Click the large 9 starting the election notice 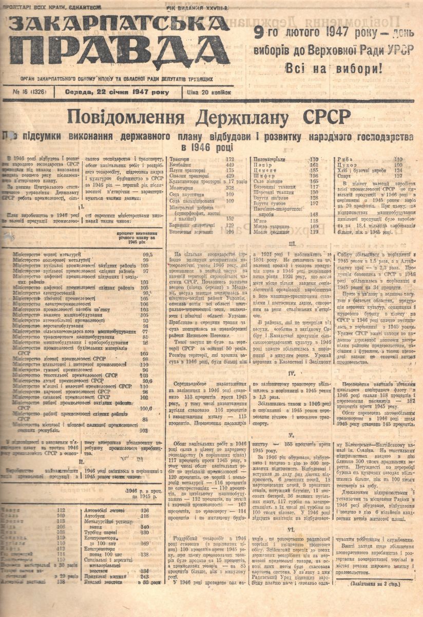[x=260, y=33]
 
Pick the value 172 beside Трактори [x=229, y=159]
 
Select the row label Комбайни [x=183, y=165]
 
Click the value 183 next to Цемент [x=314, y=170]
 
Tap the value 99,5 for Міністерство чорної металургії [x=148, y=255]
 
